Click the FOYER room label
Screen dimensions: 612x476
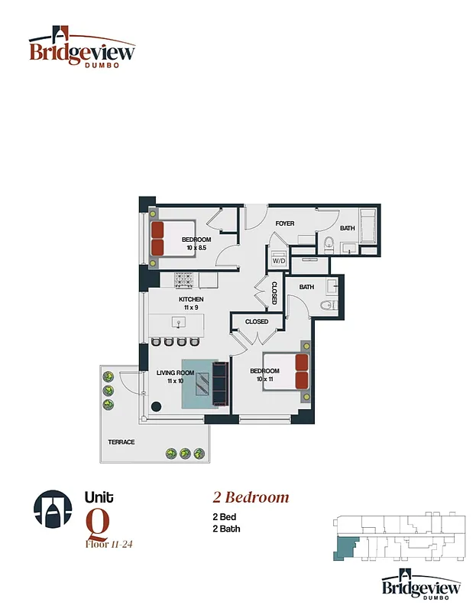click(x=285, y=223)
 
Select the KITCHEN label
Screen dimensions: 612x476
click(x=191, y=299)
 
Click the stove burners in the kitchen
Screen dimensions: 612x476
click(x=186, y=279)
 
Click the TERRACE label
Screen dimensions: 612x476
click(x=121, y=442)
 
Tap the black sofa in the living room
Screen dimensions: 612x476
click(x=221, y=384)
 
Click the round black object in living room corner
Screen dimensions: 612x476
click(x=156, y=407)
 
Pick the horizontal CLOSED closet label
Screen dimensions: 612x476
click(x=257, y=321)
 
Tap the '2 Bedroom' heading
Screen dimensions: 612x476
click(x=251, y=497)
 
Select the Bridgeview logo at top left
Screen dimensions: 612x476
click(x=82, y=48)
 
